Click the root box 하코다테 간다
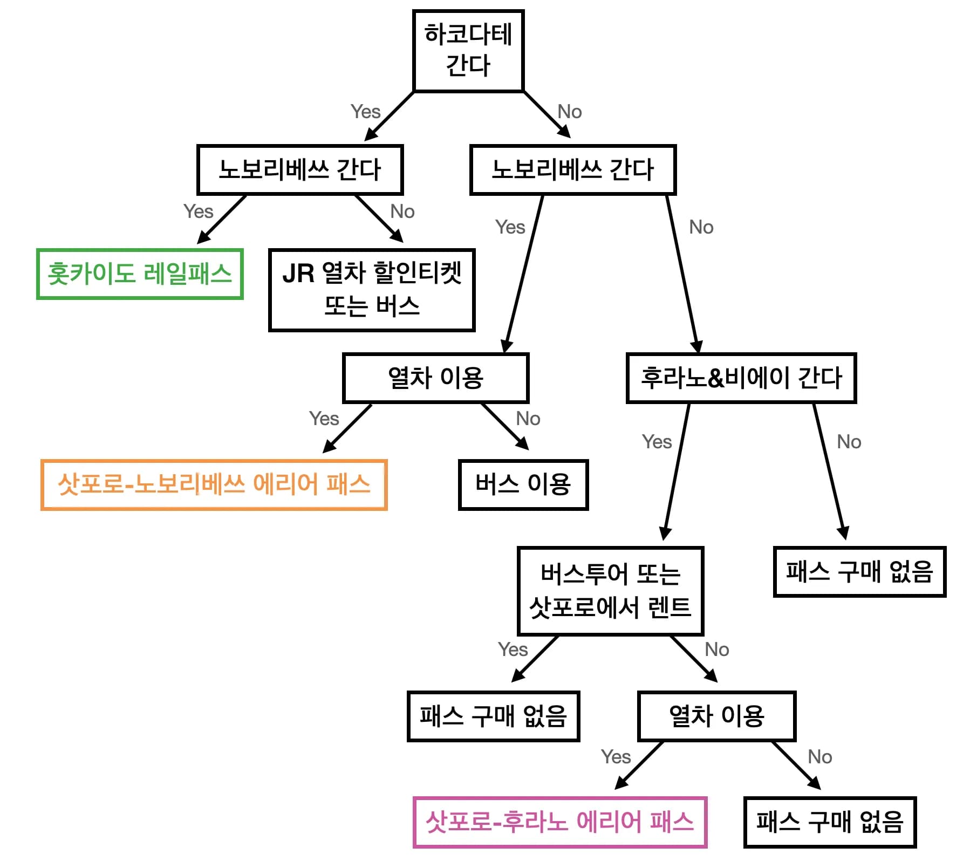pos(468,51)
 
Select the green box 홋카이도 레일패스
pos(140,274)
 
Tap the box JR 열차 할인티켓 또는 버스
pos(372,290)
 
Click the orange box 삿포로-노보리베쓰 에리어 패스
pos(214,484)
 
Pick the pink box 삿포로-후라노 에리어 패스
pos(560,822)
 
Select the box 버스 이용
pos(523,484)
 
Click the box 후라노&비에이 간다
pos(741,378)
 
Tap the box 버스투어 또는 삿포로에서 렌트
pos(610,591)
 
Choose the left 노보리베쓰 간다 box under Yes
pos(300,169)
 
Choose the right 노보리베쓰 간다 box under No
pos(573,169)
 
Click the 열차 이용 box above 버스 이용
pos(435,378)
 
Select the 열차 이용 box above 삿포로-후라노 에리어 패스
pos(716,716)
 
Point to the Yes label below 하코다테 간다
pos(365,112)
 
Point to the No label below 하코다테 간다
pos(570,112)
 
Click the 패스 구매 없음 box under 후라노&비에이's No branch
pos(859,571)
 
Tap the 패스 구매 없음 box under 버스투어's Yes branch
pos(493,716)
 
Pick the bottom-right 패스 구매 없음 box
pos(830,822)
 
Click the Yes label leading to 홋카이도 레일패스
pos(198,211)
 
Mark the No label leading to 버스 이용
pos(528,419)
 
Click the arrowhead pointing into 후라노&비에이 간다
pos(696,347)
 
